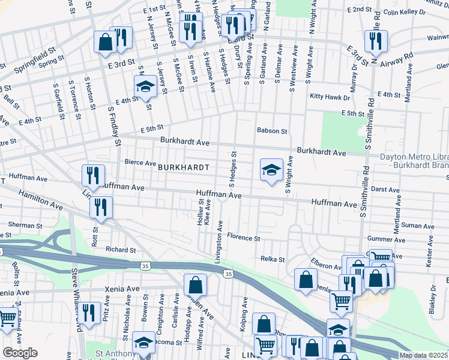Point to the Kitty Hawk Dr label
330,96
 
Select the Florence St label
243,238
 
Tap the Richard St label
121,250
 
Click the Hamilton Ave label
40,200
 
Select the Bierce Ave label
139,162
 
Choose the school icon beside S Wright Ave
271,170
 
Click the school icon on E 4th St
145,88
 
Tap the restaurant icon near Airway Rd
376,40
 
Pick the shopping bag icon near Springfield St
105,42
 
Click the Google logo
19,353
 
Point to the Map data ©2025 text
423,355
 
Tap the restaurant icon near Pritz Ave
89,313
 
